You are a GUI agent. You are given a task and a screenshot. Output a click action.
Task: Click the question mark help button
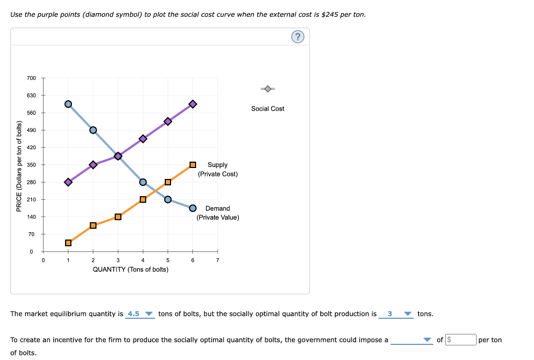(297, 37)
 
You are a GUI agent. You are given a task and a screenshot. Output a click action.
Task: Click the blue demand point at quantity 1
(68, 104)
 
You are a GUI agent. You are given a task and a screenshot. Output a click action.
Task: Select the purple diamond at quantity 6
(193, 104)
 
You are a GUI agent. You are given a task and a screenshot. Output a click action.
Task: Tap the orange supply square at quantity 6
(193, 165)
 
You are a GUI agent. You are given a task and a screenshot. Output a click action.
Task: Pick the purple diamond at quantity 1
(68, 182)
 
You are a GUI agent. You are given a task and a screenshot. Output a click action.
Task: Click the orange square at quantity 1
(68, 243)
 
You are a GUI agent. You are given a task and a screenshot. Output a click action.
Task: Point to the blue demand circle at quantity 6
(193, 208)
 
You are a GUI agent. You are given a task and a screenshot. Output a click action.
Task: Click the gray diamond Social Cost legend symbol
(268, 89)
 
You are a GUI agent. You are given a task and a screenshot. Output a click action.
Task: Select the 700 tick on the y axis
(32, 78)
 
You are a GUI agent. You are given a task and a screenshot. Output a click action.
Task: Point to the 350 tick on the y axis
(32, 165)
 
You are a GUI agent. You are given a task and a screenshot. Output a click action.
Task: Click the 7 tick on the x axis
(218, 260)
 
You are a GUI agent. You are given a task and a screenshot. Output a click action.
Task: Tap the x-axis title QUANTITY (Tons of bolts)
(130, 269)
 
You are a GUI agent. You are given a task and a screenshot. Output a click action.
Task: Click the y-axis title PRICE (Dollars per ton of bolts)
(19, 166)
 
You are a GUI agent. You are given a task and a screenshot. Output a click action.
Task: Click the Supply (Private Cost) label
(217, 170)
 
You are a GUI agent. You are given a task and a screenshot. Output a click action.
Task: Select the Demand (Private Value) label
(217, 213)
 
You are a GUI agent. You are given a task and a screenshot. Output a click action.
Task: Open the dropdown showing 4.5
(140, 314)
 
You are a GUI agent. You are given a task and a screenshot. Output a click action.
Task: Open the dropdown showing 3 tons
(396, 314)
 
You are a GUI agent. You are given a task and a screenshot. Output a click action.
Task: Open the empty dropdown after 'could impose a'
(411, 340)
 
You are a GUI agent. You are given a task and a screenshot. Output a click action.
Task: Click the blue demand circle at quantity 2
(93, 130)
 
